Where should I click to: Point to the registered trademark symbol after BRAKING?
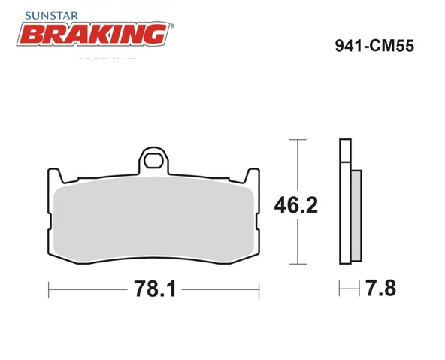click(x=173, y=26)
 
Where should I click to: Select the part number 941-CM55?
click(x=373, y=44)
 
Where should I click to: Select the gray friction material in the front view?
click(x=153, y=221)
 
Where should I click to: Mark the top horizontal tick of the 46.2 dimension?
click(x=298, y=140)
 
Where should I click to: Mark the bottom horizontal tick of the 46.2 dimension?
click(x=298, y=264)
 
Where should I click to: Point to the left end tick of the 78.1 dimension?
click(x=49, y=289)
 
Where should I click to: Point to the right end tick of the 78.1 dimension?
click(x=259, y=289)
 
